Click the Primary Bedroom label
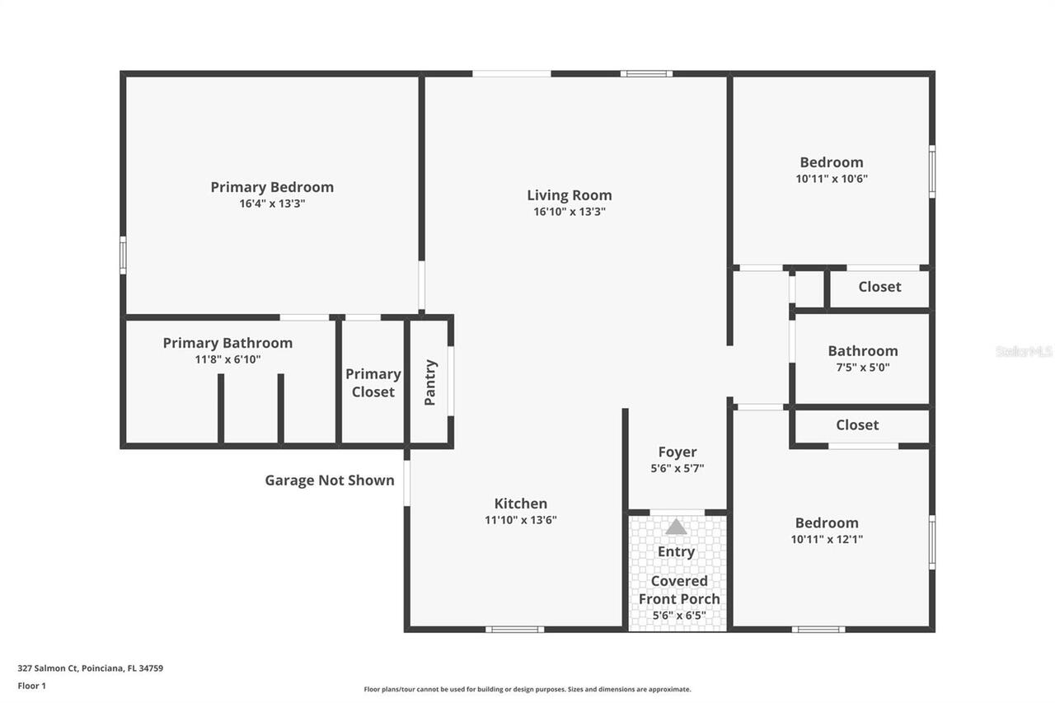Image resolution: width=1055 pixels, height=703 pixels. (272, 187)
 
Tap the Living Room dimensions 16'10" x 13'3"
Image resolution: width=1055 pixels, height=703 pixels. (570, 212)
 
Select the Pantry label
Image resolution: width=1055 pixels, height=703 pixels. (430, 382)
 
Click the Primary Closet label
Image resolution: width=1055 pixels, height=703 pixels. (373, 382)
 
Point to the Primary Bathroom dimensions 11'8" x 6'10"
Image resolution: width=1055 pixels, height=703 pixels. (227, 359)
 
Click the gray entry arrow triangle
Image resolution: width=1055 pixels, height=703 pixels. (676, 527)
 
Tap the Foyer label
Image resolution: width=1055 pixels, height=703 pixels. (678, 452)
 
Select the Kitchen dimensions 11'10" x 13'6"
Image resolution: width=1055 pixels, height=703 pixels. (521, 520)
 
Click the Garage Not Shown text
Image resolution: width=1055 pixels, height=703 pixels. (329, 480)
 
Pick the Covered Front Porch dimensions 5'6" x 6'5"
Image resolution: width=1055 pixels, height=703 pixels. (679, 616)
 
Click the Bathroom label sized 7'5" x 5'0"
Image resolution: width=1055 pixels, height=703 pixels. (863, 351)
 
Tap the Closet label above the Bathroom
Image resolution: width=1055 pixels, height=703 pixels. (879, 287)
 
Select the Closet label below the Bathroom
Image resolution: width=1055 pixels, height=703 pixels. (857, 424)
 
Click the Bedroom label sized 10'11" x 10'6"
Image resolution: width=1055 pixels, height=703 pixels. (832, 162)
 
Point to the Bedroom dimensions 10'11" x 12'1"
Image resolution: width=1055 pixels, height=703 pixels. (827, 540)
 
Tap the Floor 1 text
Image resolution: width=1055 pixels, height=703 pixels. (32, 686)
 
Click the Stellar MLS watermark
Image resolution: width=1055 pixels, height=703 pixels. (1024, 352)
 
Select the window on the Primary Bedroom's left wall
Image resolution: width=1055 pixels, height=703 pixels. (123, 255)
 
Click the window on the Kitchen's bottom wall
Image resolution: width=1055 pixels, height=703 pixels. (514, 630)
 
